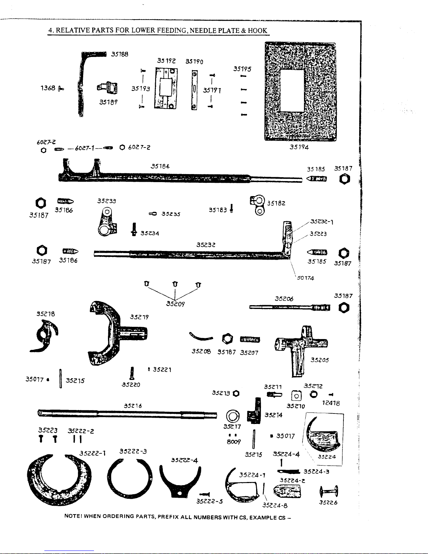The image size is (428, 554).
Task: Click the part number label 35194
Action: pyautogui.click(x=299, y=147)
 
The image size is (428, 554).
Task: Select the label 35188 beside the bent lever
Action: pyautogui.click(x=120, y=54)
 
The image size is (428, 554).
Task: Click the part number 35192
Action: pyautogui.click(x=166, y=60)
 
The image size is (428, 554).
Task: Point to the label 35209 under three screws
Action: pyautogui.click(x=175, y=303)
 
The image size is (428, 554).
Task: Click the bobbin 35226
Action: pyautogui.click(x=328, y=491)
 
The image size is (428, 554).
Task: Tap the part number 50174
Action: pyautogui.click(x=305, y=278)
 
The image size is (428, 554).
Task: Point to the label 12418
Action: pyautogui.click(x=331, y=403)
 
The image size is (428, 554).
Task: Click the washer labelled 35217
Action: pyautogui.click(x=233, y=416)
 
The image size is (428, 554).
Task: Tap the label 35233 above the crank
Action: pyautogui.click(x=107, y=201)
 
